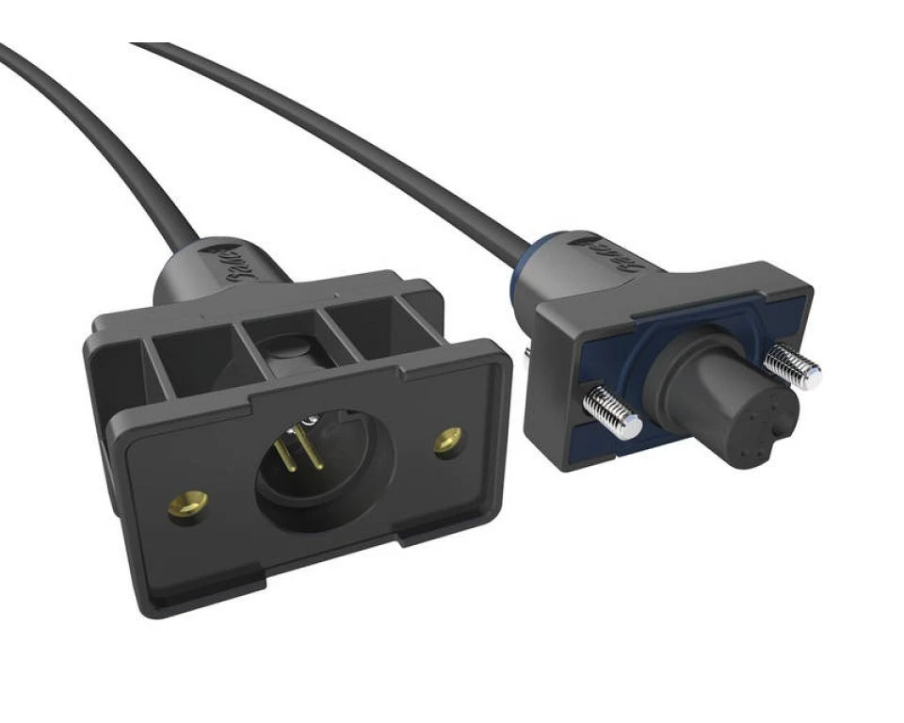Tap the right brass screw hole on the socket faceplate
pyautogui.click(x=448, y=440)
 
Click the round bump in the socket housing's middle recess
pyautogui.click(x=285, y=351)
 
